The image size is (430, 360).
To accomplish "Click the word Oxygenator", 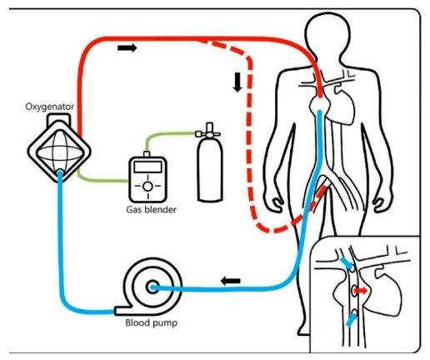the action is [49, 107].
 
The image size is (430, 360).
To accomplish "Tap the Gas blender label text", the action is [151, 209].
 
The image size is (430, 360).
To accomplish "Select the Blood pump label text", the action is [151, 322].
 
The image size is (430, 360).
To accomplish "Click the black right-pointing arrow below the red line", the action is [127, 47].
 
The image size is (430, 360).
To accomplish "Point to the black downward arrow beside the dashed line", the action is [237, 82].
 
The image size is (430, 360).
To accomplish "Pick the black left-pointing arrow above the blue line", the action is [231, 281].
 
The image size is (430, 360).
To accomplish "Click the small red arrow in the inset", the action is [362, 291].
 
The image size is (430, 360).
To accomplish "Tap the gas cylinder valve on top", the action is [209, 132].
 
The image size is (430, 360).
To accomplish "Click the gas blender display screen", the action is [147, 167].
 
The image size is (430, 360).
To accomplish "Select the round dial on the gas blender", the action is [147, 187].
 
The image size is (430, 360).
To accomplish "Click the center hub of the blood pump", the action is [152, 287].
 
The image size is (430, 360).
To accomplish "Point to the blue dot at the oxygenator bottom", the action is [60, 173].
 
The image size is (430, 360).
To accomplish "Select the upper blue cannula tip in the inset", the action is [346, 262].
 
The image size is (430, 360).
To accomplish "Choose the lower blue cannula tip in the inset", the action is [352, 320].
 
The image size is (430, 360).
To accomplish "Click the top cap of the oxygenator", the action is [59, 120].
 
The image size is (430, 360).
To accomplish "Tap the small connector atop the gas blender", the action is [147, 154].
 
